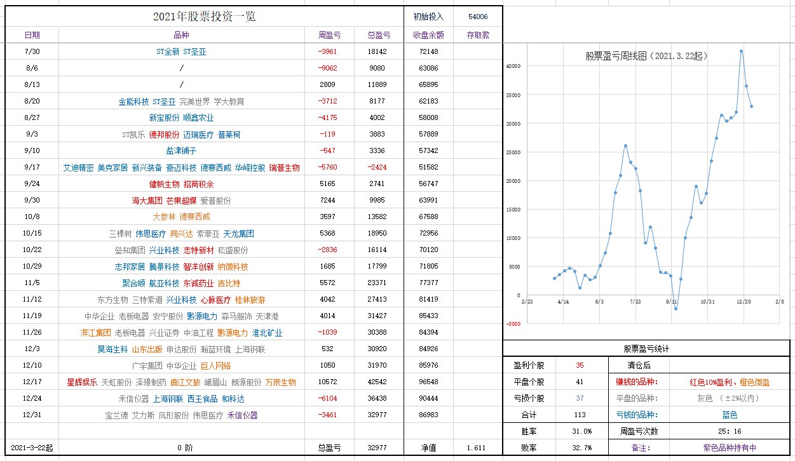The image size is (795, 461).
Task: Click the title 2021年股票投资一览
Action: pos(204,17)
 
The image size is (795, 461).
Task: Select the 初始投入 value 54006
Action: pos(478,17)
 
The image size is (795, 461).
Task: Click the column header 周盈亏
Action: pos(329,36)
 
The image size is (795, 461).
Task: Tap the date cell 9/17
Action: pos(32,168)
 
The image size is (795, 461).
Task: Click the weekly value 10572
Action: pos(329,382)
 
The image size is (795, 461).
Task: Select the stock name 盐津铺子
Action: pos(181,151)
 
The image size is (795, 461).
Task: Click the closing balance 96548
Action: pos(428,382)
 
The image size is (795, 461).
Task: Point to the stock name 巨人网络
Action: pos(215,366)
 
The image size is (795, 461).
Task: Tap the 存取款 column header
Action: pos(478,36)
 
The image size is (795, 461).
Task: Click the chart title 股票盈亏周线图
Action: pos(646,56)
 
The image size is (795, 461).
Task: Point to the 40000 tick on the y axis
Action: pos(513,66)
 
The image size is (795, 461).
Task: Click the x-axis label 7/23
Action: pos(635,302)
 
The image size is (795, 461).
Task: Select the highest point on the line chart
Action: pos(741,51)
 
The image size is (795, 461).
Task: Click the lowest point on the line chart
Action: pos(676,309)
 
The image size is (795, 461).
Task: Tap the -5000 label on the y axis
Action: pos(513,324)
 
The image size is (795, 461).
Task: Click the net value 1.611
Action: pos(476,448)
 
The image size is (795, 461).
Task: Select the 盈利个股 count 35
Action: pos(580,366)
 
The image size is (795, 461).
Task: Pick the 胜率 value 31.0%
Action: pos(582,432)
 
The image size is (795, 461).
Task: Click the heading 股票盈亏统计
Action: pos(646,349)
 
